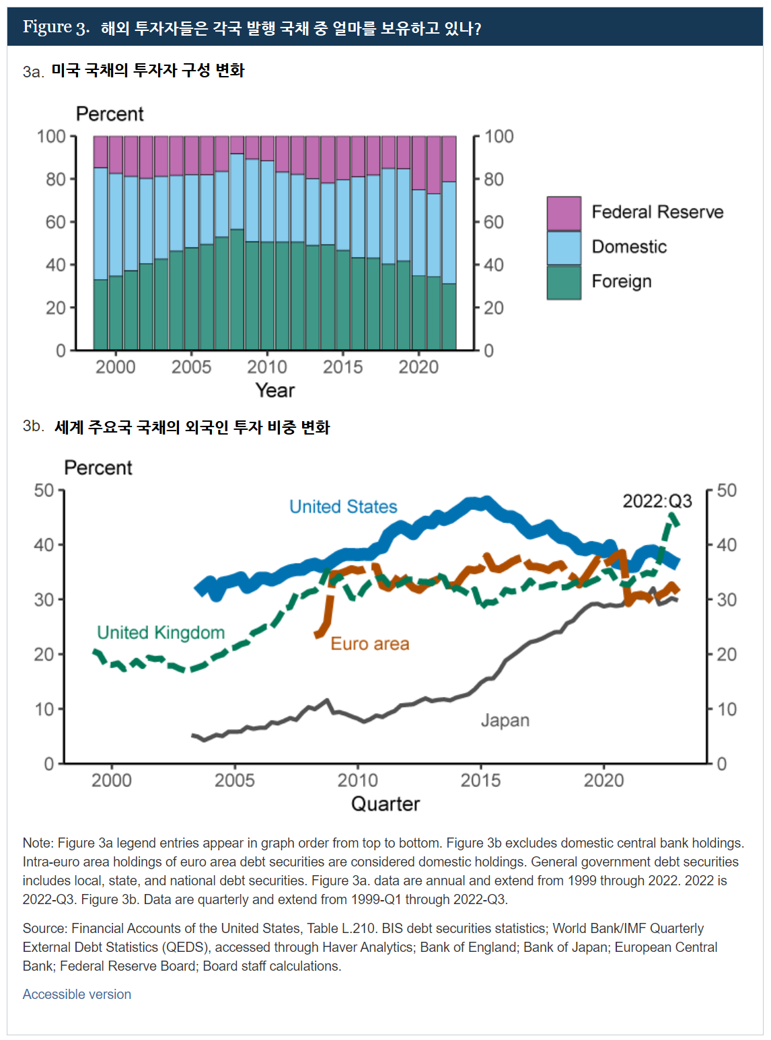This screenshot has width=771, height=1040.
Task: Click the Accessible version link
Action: coord(77,994)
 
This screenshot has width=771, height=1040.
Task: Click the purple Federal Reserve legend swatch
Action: coord(564,213)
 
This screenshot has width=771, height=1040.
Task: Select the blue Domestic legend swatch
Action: coord(564,248)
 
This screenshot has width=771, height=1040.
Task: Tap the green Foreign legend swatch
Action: coord(564,283)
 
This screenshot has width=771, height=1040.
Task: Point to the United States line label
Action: coord(343,507)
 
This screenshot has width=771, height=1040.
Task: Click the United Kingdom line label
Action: coord(161,632)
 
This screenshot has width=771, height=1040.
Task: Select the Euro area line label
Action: coord(369,644)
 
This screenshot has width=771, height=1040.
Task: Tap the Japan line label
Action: coord(505,720)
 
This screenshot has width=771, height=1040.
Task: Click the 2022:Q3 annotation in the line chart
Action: coord(657,501)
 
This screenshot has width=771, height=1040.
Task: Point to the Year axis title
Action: coord(274,390)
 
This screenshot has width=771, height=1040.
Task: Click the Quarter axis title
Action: coord(385,804)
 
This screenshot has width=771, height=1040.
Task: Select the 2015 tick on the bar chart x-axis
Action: coord(342,367)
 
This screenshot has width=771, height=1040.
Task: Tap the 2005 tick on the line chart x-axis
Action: coord(234,780)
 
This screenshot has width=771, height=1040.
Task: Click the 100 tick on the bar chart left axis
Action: coord(51,137)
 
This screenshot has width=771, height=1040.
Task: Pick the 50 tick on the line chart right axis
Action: coord(727,490)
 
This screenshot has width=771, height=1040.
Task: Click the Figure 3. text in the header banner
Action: coord(56,27)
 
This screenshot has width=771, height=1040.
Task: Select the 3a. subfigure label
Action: coord(33,71)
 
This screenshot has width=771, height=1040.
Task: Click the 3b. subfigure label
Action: coord(33,426)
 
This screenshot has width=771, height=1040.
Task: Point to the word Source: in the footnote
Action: coord(45,928)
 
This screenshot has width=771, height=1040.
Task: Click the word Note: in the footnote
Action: coord(38,843)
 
